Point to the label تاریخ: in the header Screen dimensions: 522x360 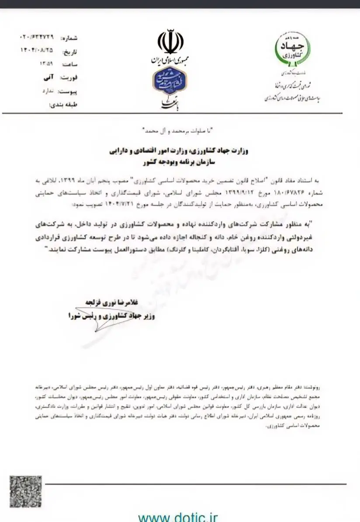[x=70, y=52]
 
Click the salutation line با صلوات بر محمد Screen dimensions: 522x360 [x=179, y=131]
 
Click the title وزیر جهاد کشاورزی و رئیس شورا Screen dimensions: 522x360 [x=111, y=315]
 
